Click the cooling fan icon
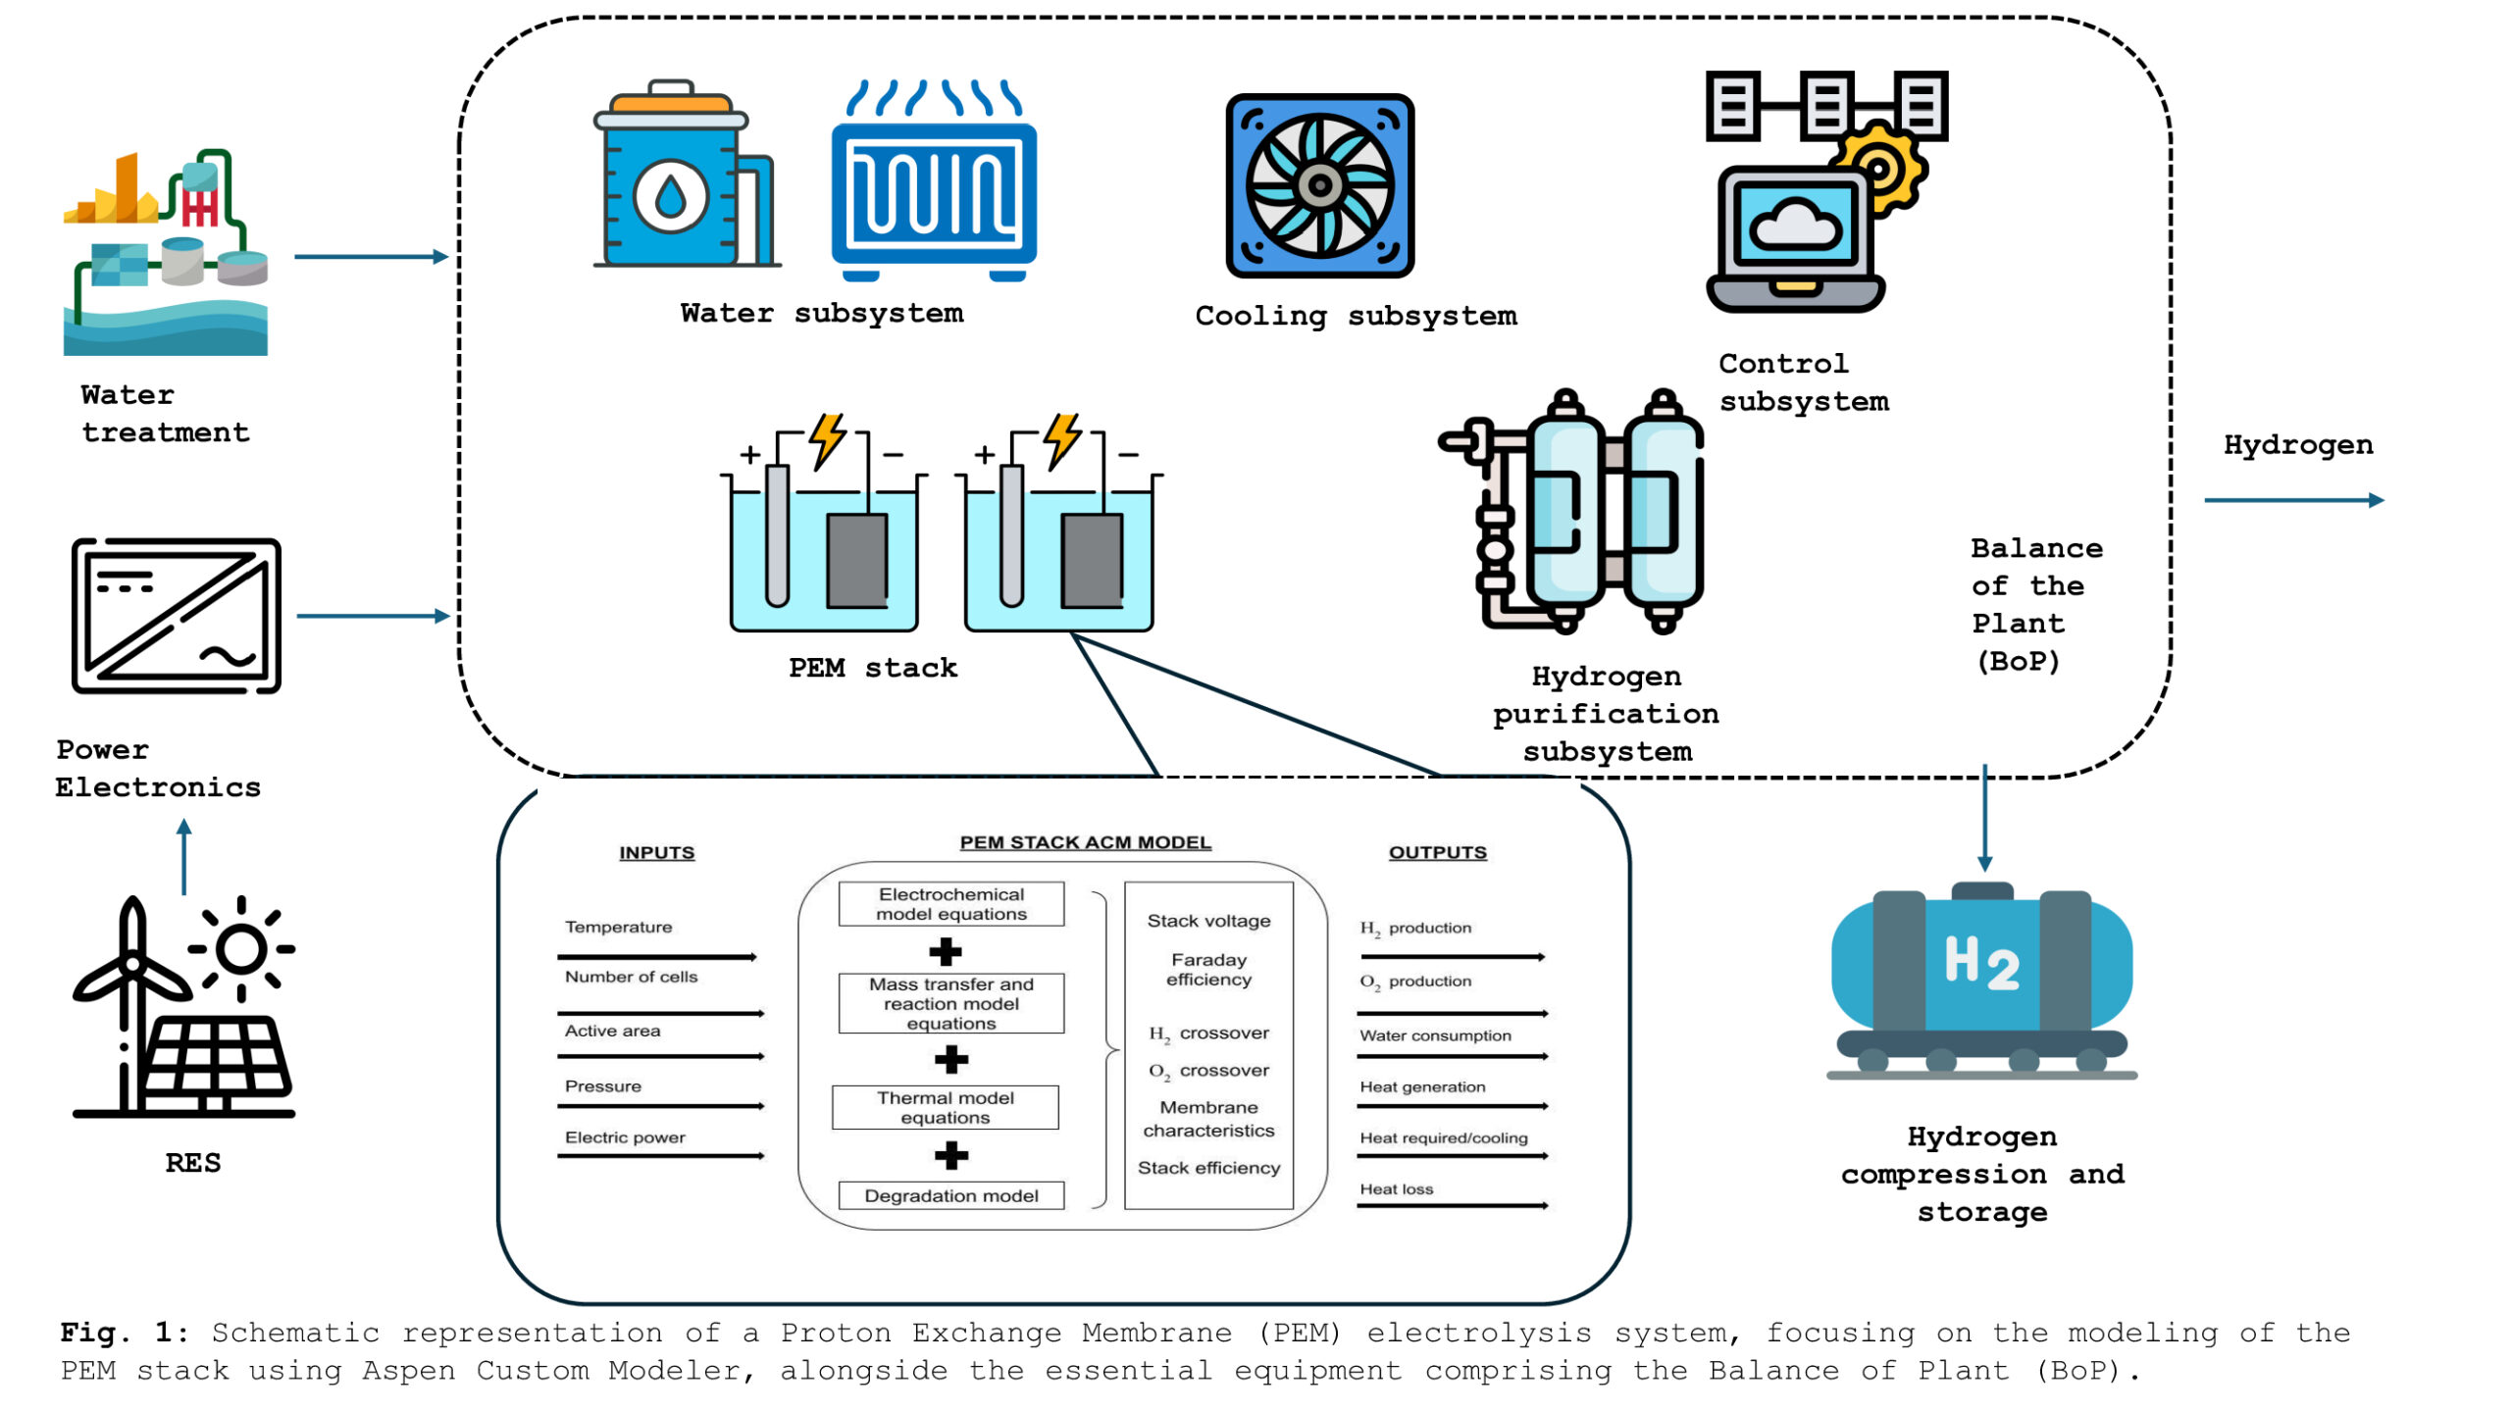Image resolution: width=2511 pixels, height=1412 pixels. [x=1319, y=185]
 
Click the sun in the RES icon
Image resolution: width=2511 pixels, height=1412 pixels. [x=241, y=949]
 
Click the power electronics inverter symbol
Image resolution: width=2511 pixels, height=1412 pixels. [x=177, y=616]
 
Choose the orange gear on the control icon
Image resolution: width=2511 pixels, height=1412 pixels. [x=1879, y=169]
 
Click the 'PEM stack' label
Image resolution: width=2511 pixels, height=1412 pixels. [x=872, y=668]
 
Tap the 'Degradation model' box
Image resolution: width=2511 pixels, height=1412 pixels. [x=950, y=1195]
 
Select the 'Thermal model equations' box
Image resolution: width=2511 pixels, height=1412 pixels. [x=945, y=1107]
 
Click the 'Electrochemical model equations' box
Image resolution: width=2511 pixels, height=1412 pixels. [x=950, y=903]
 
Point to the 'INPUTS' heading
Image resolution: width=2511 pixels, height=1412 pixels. [x=656, y=852]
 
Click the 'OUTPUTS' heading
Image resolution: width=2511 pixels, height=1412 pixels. [x=1437, y=852]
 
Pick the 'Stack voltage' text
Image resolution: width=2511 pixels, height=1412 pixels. [x=1208, y=921]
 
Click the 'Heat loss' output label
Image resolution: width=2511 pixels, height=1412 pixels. [x=1396, y=1189]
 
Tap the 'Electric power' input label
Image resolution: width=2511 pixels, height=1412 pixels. [x=625, y=1137]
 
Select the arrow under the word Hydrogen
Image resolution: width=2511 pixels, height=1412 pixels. [x=2293, y=500]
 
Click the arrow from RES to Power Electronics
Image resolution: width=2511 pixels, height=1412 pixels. [x=183, y=857]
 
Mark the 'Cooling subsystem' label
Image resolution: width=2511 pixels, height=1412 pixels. [x=1356, y=316]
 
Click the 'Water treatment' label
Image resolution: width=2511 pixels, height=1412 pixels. [x=165, y=414]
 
